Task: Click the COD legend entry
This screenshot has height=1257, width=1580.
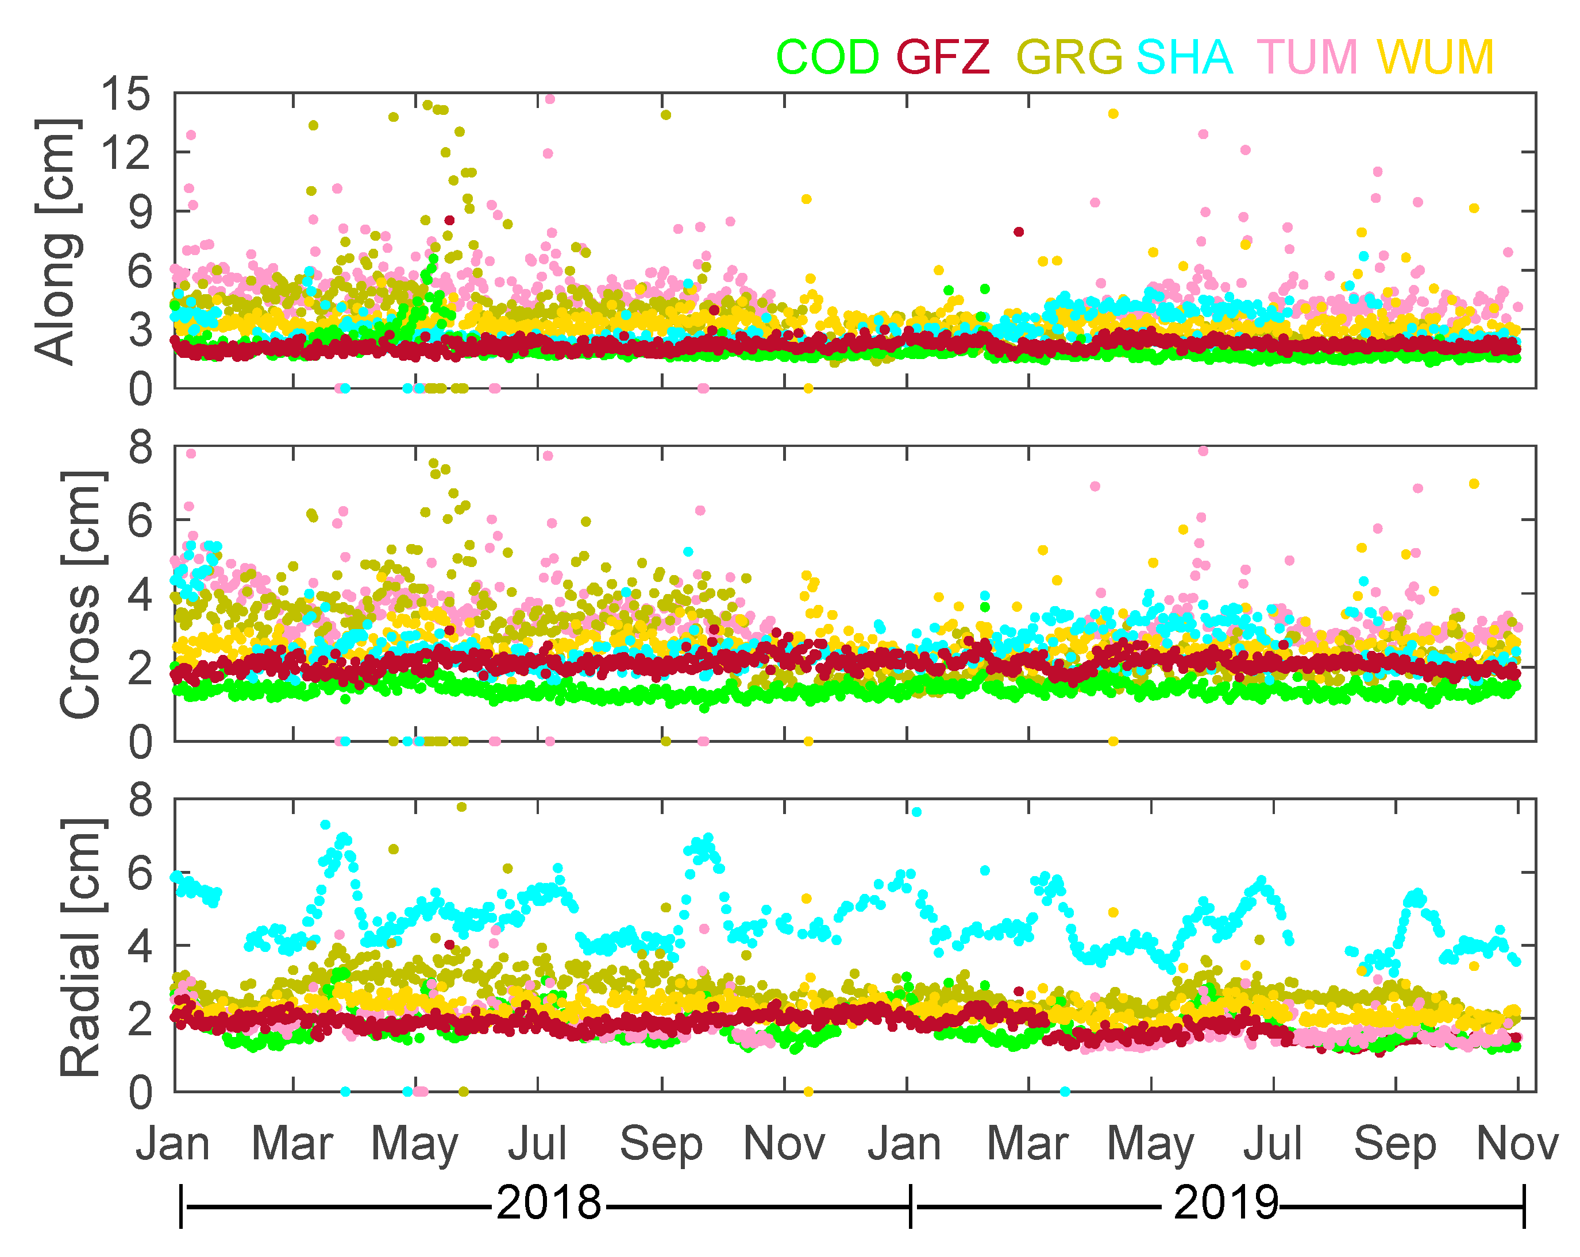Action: click(x=827, y=57)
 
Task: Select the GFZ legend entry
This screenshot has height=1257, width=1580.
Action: click(x=943, y=57)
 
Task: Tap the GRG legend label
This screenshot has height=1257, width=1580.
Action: click(x=1069, y=57)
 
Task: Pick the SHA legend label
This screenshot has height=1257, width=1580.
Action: click(x=1184, y=57)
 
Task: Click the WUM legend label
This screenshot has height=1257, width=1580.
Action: click(x=1435, y=57)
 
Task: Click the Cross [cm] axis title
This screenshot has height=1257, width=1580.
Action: click(x=80, y=595)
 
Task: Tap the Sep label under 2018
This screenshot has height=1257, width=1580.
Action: click(x=661, y=1143)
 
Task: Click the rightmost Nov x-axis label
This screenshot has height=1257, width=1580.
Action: click(x=1516, y=1143)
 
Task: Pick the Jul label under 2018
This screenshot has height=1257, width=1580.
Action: click(x=537, y=1143)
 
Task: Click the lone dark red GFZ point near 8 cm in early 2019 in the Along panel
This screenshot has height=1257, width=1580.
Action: click(x=1019, y=232)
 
